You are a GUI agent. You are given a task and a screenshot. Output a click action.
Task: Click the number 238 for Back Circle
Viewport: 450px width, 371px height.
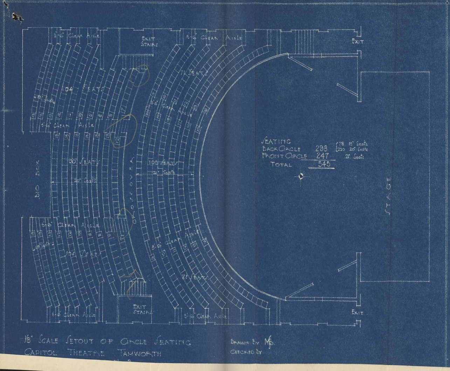(x=321, y=148)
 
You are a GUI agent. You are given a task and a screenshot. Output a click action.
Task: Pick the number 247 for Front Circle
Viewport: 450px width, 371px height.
(x=322, y=156)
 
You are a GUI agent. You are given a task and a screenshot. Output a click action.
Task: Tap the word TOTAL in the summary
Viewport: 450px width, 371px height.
(x=281, y=164)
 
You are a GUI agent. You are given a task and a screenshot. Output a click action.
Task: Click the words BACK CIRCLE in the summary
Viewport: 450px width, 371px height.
(x=281, y=149)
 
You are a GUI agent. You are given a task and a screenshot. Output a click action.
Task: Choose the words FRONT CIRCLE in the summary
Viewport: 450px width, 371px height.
(x=284, y=156)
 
